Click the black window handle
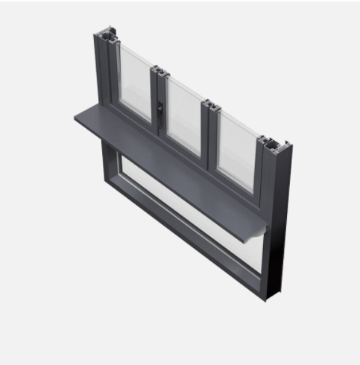[159, 110]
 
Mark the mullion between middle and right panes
[209, 138]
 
